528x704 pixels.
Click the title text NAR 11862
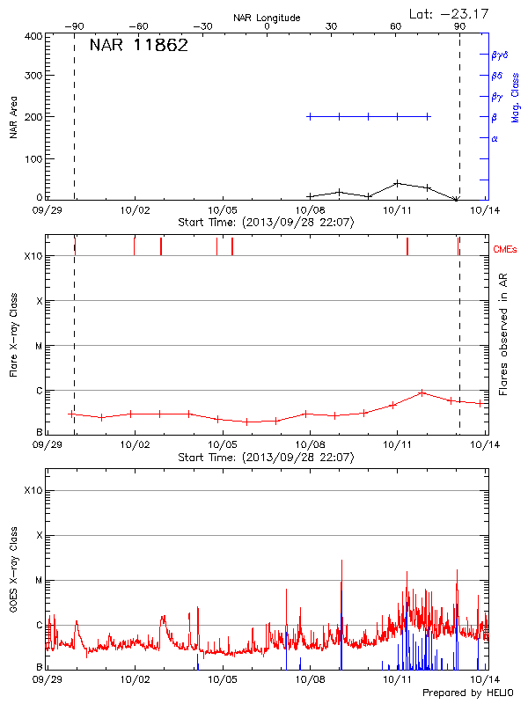pyautogui.click(x=138, y=46)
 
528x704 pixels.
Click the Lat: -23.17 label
pyautogui.click(x=449, y=12)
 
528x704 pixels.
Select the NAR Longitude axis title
pyautogui.click(x=267, y=17)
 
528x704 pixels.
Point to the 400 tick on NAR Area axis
pyautogui.click(x=33, y=36)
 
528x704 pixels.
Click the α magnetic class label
pyautogui.click(x=495, y=138)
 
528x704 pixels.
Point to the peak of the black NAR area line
pyautogui.click(x=398, y=183)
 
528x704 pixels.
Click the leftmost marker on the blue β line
pyautogui.click(x=310, y=116)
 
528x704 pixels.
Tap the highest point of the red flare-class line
pyautogui.click(x=422, y=392)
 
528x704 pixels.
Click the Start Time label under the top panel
pyautogui.click(x=266, y=222)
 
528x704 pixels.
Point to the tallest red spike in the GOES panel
pyautogui.click(x=341, y=561)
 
